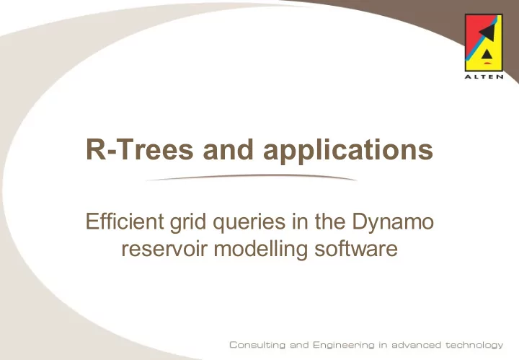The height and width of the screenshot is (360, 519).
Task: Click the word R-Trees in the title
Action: pyautogui.click(x=139, y=149)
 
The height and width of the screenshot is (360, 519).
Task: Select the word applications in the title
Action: pyautogui.click(x=348, y=151)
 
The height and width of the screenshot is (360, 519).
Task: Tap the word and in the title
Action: pyautogui.click(x=228, y=149)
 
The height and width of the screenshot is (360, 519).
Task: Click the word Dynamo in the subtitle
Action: pyautogui.click(x=393, y=223)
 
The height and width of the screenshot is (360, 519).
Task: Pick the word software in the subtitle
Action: pyautogui.click(x=356, y=248)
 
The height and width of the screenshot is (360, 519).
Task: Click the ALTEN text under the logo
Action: pyautogui.click(x=484, y=77)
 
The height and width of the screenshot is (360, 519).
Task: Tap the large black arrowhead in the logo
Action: pyautogui.click(x=487, y=32)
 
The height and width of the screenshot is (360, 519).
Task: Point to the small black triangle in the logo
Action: pyautogui.click(x=487, y=55)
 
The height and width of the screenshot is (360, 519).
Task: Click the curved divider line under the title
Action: pyautogui.click(x=252, y=177)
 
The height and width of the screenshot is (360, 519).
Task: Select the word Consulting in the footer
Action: pyautogui.click(x=257, y=345)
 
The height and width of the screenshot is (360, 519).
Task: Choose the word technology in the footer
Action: pyautogui.click(x=474, y=346)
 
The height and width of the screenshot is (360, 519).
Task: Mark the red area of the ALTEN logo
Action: pyautogui.click(x=474, y=28)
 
